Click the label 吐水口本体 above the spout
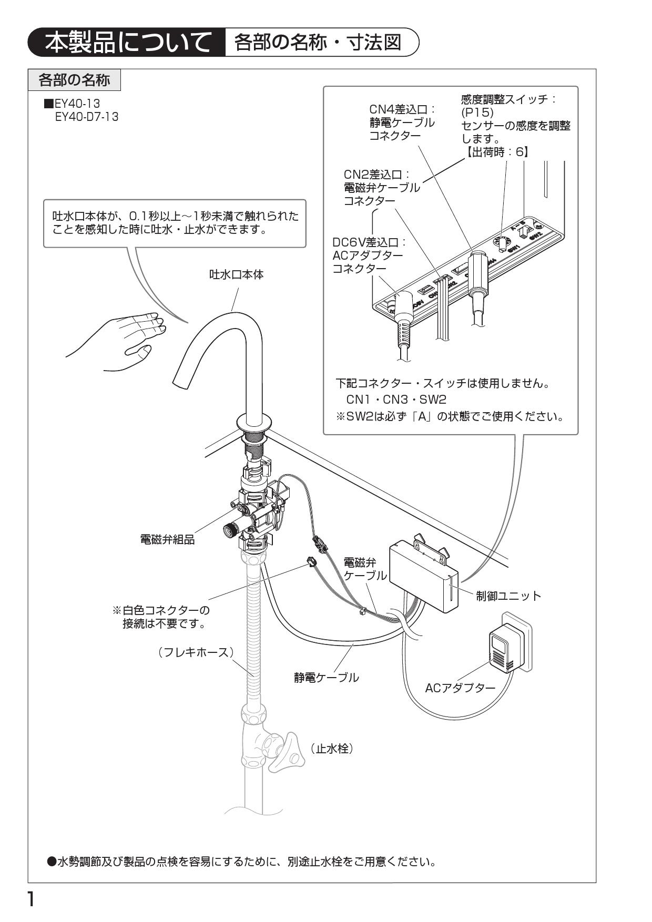point(236,274)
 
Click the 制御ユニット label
point(508,596)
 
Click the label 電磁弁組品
point(167,540)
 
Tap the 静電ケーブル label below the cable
point(326,678)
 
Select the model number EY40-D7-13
point(87,117)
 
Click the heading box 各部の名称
point(74,80)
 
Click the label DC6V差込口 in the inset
point(370,243)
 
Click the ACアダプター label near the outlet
point(460,688)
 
